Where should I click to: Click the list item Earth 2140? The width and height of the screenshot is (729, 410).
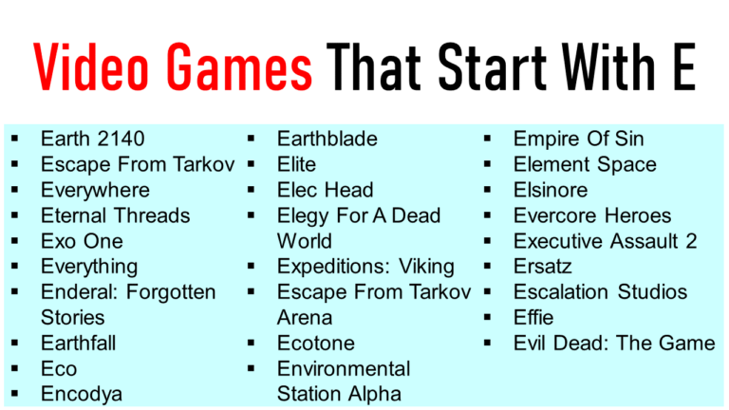pyautogui.click(x=92, y=140)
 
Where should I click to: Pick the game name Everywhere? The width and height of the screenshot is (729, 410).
pyautogui.click(x=95, y=191)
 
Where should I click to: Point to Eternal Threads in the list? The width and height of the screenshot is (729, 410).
pyautogui.click(x=115, y=216)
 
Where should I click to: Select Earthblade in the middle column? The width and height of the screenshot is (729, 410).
pyautogui.click(x=327, y=140)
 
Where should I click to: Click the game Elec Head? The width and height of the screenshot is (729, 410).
pyautogui.click(x=325, y=191)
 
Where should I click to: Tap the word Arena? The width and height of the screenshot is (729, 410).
pyautogui.click(x=305, y=318)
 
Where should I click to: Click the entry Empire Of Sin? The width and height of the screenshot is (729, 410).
pyautogui.click(x=578, y=140)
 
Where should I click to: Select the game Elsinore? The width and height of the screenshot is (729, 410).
pyautogui.click(x=551, y=191)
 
